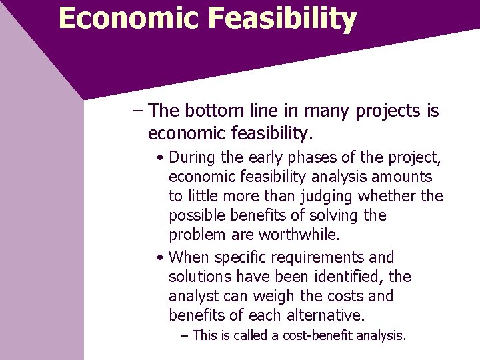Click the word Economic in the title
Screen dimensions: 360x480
pyautogui.click(x=127, y=18)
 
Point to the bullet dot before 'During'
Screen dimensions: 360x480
pyautogui.click(x=161, y=158)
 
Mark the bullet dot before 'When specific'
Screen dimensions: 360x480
pyautogui.click(x=161, y=257)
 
